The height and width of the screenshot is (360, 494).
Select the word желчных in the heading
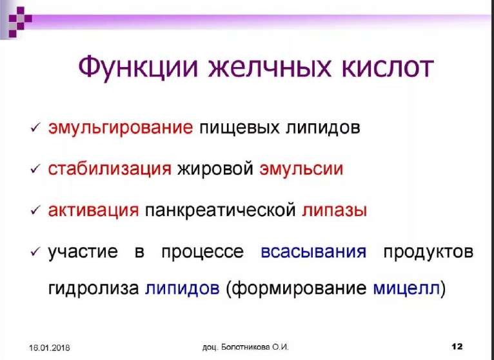[270, 67]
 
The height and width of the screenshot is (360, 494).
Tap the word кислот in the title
[387, 68]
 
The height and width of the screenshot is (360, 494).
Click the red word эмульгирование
[120, 128]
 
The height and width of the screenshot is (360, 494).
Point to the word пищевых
[239, 128]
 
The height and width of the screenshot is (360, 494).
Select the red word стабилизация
[110, 168]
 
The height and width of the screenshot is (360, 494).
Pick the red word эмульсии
[301, 169]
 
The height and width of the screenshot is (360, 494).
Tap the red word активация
[94, 210]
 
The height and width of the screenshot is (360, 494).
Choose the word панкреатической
[220, 210]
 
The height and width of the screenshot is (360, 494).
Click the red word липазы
[334, 210]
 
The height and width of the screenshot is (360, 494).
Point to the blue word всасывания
[313, 252]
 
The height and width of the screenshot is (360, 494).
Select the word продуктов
[428, 252]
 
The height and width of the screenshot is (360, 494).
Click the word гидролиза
[94, 288]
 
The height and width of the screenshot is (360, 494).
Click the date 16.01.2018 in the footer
[50, 348]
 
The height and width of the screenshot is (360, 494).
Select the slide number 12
[457, 346]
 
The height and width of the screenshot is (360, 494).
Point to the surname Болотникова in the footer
[246, 347]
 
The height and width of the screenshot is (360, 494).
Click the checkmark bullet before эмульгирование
[35, 128]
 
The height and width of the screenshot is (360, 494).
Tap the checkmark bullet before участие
[35, 252]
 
